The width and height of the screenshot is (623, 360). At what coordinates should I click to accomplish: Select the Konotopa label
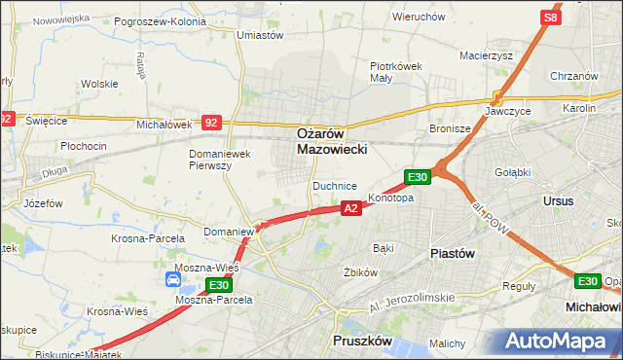pos(391,198)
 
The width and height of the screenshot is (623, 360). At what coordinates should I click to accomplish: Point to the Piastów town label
pos(452,252)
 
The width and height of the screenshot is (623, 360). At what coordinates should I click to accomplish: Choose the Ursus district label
pos(560,200)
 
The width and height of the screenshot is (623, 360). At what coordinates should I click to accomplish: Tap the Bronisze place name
pos(450,128)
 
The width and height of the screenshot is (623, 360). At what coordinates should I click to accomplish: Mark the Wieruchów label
pos(418,17)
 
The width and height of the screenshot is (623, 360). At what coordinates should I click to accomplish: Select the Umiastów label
pos(260,35)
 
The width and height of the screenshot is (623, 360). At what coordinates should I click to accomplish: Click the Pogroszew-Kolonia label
pos(160,20)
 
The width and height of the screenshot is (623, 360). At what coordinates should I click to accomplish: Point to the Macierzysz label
pos(486,55)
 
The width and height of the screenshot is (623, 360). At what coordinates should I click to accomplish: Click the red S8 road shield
pos(551,18)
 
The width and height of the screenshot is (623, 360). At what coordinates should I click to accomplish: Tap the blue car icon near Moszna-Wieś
pos(173,280)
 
